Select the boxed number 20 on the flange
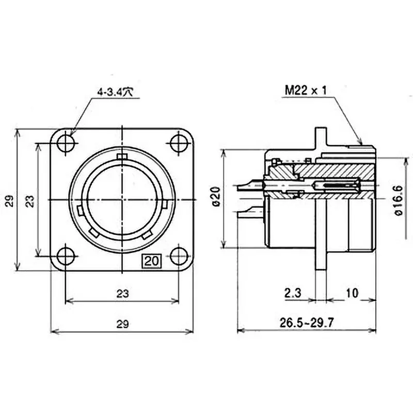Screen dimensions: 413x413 tap(152, 261)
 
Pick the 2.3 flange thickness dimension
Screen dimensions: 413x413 tap(293, 293)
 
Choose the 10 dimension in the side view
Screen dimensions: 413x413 tap(352, 293)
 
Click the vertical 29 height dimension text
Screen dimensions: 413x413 tap(10, 200)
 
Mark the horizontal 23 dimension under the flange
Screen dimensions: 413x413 tap(122, 293)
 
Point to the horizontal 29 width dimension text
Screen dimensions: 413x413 tap(122, 324)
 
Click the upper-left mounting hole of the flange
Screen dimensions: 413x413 tap(66, 142)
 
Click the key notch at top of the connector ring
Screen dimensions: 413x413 tap(122, 156)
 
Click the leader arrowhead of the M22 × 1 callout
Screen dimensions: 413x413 tap(361, 141)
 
